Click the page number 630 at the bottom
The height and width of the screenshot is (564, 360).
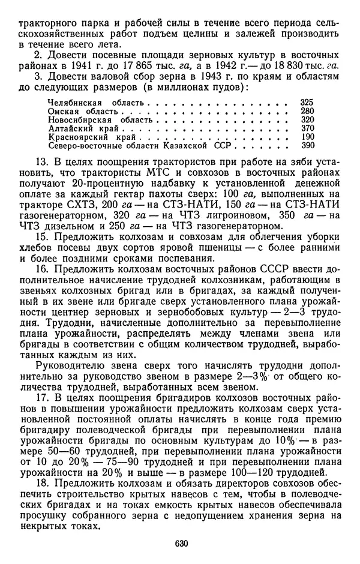point(182,543)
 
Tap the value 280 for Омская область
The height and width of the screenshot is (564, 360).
point(307,112)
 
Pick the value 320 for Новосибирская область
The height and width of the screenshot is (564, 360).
point(307,120)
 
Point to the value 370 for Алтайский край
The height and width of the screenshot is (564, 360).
point(307,128)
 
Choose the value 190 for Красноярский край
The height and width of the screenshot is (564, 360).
point(307,137)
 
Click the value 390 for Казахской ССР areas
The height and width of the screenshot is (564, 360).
point(307,145)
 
